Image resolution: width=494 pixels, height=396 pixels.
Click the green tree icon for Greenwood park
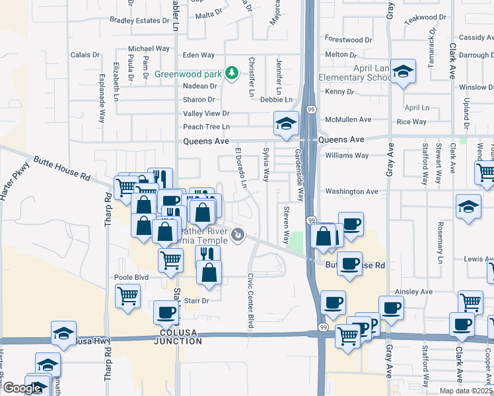(x=231, y=73)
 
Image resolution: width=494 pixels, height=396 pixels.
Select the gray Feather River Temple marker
(x=238, y=234)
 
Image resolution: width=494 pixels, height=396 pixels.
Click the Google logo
(x=22, y=388)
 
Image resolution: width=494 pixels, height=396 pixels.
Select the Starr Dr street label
(x=195, y=300)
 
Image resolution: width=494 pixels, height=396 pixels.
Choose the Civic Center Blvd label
(x=251, y=301)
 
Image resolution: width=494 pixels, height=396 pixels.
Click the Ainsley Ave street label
(x=413, y=291)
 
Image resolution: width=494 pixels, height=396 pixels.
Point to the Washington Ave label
(x=352, y=191)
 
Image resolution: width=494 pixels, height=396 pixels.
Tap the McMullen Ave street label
(x=349, y=119)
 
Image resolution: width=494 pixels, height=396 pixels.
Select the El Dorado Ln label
(x=241, y=168)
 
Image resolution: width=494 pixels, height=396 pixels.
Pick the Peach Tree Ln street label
(x=206, y=127)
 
